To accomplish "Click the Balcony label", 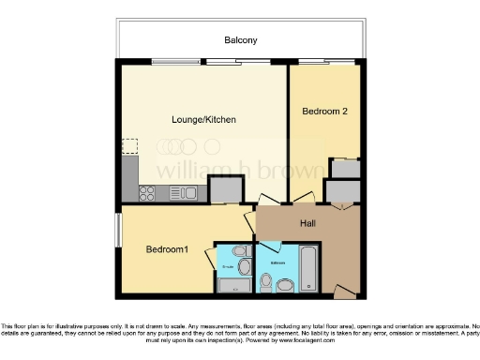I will [240, 40].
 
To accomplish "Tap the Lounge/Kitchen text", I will [202, 119].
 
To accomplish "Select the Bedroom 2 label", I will [324, 111].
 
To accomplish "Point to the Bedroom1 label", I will [166, 249].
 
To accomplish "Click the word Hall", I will [307, 223].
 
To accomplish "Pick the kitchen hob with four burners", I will [147, 193].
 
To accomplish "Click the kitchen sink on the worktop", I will [186, 193].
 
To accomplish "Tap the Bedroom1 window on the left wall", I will [118, 231].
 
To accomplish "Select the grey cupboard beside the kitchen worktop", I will [226, 190].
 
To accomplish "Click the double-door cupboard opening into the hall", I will [342, 191].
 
